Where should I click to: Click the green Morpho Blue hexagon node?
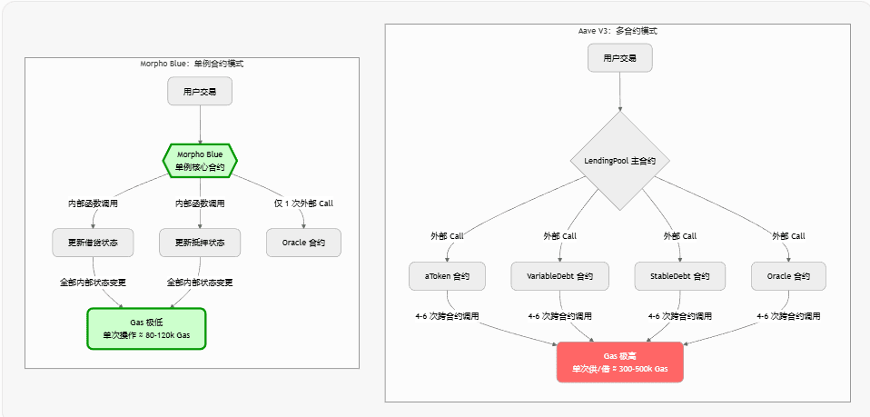click(x=200, y=161)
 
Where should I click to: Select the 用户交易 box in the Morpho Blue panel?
click(x=200, y=92)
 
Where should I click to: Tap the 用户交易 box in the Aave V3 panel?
click(x=619, y=58)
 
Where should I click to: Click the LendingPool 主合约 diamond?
click(x=619, y=160)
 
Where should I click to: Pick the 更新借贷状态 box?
click(x=93, y=243)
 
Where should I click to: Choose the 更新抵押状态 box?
click(x=200, y=243)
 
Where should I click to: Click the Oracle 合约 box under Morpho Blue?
click(x=303, y=243)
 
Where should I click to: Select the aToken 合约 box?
click(x=447, y=275)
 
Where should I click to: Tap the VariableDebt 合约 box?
click(x=559, y=275)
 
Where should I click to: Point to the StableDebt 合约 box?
click(x=680, y=275)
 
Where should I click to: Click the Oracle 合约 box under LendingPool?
click(x=788, y=275)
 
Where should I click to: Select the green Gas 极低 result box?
click(x=146, y=329)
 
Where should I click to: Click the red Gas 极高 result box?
click(x=619, y=362)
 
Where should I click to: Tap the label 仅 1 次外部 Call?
click(x=303, y=204)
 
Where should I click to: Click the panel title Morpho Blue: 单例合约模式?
click(x=192, y=65)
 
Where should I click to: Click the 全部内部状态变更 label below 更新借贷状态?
click(x=93, y=283)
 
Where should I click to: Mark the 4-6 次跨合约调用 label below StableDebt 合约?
click(x=680, y=316)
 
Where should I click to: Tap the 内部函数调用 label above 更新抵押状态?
click(x=200, y=204)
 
